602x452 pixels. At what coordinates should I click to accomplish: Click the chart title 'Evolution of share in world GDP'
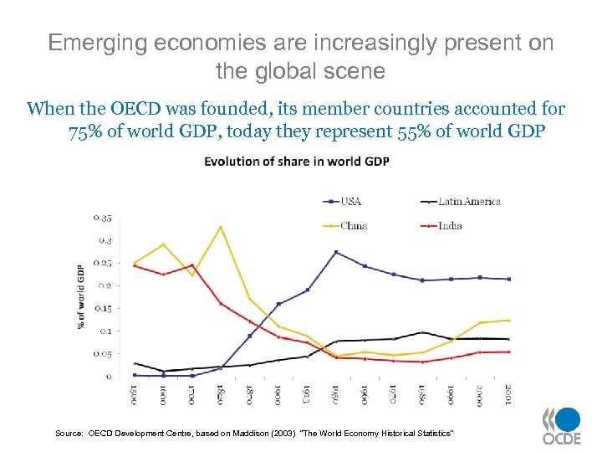point(296,161)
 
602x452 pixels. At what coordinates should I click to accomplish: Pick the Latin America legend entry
point(468,201)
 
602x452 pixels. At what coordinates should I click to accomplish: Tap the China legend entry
point(352,225)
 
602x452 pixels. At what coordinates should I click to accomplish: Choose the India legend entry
point(450,225)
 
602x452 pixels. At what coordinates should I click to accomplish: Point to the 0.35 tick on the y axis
point(101,218)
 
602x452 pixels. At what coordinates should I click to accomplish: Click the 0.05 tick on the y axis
point(101,354)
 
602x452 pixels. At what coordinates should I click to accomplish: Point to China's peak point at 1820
point(221,227)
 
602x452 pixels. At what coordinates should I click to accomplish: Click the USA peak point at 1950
point(336,252)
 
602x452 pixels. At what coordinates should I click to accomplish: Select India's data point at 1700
point(192,265)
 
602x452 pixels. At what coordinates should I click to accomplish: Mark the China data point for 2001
point(508,320)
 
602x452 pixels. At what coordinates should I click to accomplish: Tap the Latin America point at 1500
point(135,363)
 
